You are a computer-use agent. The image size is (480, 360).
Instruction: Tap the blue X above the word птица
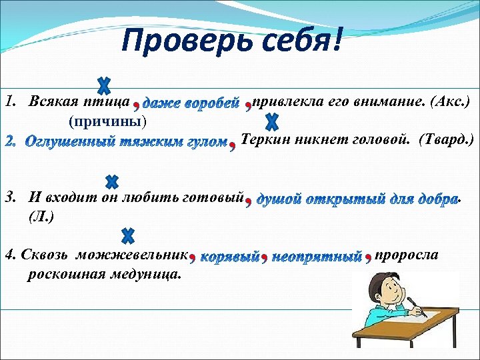104,86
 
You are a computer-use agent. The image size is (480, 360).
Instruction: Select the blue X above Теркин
271,122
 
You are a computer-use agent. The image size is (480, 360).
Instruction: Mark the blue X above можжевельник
128,235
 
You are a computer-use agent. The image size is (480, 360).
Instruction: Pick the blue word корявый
229,257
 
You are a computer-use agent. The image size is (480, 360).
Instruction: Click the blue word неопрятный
317,257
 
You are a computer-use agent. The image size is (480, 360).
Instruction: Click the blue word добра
437,199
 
